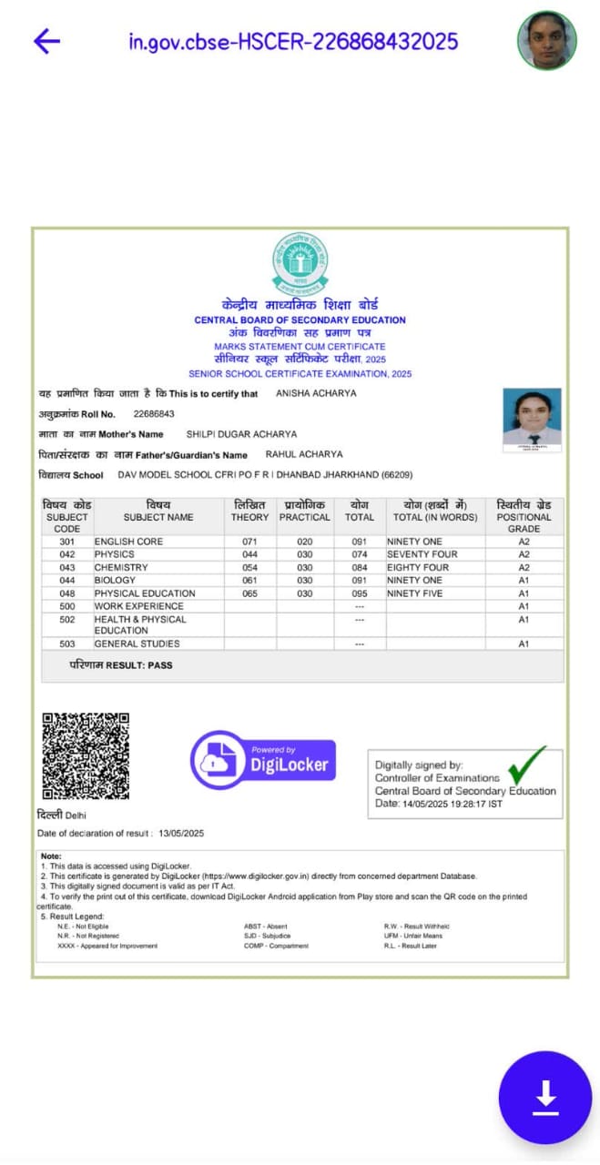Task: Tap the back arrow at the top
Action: pos(46,41)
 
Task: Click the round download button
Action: pos(545,1098)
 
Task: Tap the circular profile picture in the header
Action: pos(547,41)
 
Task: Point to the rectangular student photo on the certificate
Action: pos(532,418)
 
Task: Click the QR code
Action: pos(86,756)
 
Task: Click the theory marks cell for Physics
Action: pos(249,554)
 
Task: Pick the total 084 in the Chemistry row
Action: pos(359,567)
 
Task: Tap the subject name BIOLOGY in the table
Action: pos(115,580)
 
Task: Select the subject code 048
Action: pos(67,593)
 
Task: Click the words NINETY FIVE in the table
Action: pos(415,593)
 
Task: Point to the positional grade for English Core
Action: pos(524,542)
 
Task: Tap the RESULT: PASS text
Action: pos(121,665)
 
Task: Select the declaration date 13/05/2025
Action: pos(181,834)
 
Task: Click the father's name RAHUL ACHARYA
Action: pos(304,454)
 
